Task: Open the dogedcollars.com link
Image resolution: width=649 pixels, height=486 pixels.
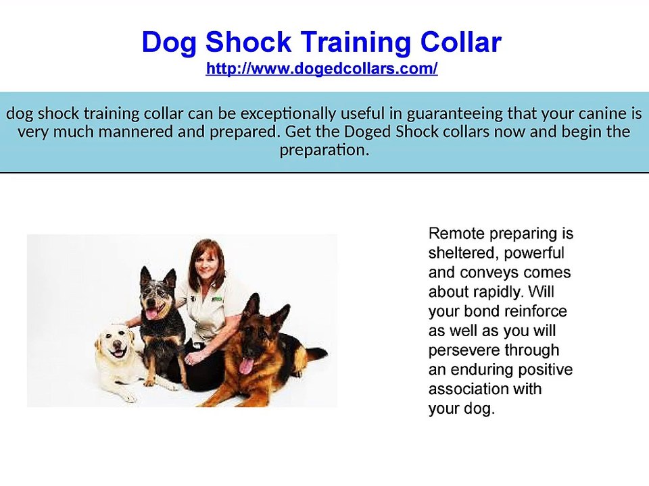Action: [322, 69]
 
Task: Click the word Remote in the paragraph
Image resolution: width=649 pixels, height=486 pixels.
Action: [454, 234]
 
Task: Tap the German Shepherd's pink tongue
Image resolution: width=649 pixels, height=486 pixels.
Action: [246, 365]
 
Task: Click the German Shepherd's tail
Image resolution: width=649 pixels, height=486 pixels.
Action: [316, 353]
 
